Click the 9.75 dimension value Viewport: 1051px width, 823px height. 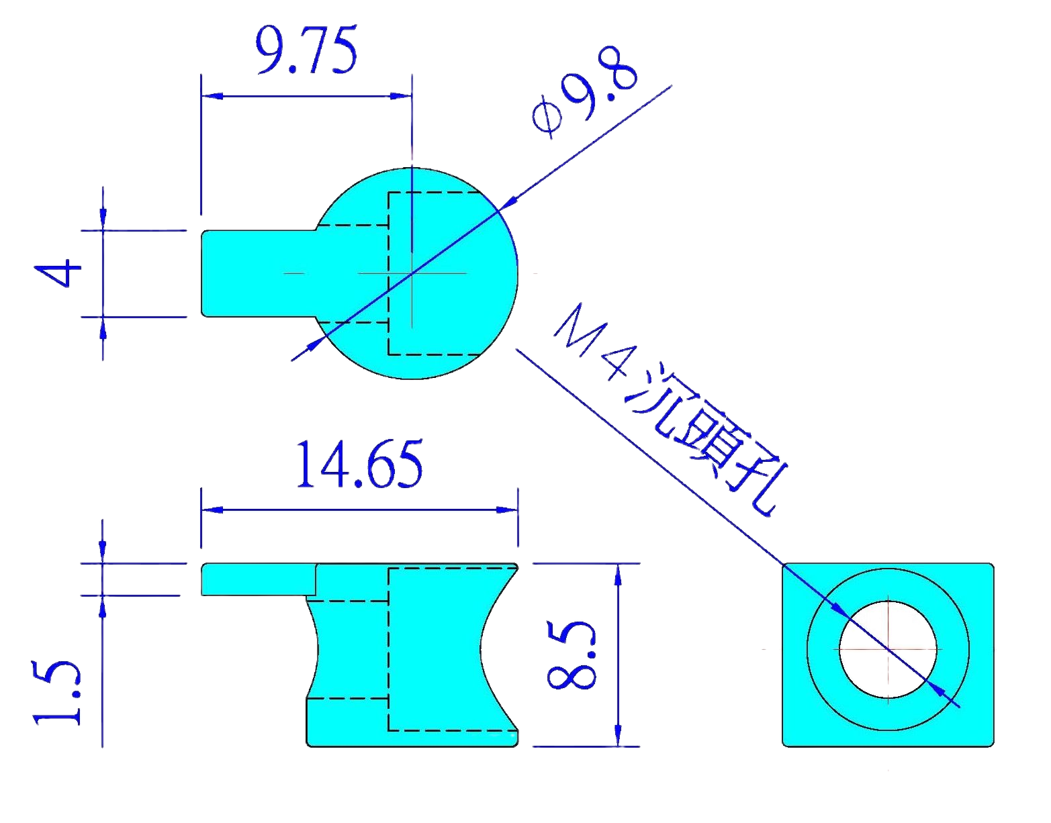(306, 51)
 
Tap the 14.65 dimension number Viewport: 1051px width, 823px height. (359, 465)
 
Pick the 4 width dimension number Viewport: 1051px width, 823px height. (58, 274)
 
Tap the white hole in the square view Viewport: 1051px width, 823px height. (888, 649)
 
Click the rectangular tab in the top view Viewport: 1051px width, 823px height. (255, 273)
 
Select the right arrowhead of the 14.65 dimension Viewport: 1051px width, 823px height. (506, 510)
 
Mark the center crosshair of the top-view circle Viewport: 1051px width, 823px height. (412, 273)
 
